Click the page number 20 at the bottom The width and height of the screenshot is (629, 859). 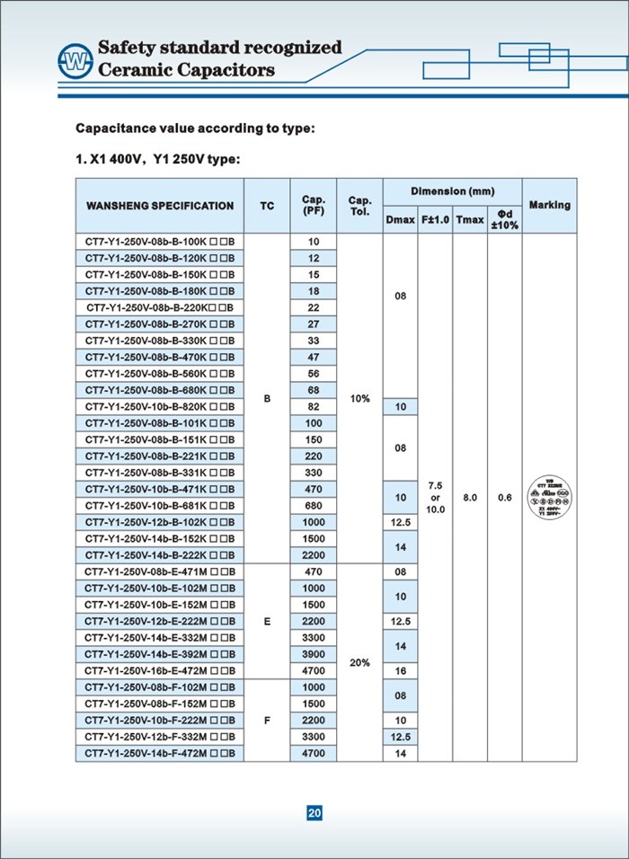[314, 813]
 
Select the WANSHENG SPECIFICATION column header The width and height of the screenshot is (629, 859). [160, 206]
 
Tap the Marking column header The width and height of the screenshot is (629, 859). [549, 205]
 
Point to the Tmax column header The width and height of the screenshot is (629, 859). [470, 219]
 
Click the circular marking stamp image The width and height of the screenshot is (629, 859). [549, 498]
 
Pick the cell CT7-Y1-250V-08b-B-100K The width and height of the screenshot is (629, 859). [160, 242]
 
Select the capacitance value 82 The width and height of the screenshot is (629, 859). [314, 406]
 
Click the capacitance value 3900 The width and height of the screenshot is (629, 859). [314, 654]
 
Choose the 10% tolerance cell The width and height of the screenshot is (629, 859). [360, 398]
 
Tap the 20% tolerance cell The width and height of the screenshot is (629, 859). [360, 662]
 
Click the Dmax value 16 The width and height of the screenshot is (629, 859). [401, 670]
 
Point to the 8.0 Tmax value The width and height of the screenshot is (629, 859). [470, 497]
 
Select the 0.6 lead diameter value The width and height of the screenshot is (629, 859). [504, 497]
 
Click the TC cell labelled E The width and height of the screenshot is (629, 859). [267, 621]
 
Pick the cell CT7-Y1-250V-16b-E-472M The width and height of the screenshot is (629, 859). [160, 670]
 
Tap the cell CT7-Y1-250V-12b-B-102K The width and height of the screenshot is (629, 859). [160, 522]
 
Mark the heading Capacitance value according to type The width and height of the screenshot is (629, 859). [195, 128]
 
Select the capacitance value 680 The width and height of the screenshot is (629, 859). [314, 505]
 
